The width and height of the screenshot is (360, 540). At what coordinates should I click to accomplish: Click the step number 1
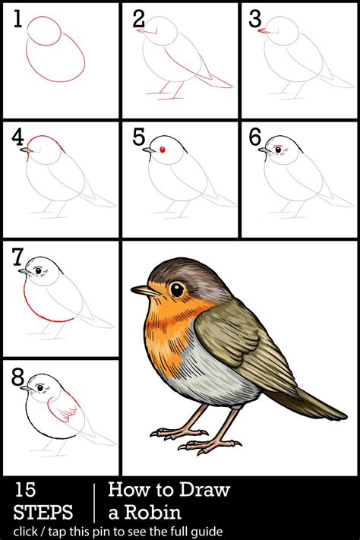tap(18, 19)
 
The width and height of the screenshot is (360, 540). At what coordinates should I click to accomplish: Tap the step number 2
tap(138, 19)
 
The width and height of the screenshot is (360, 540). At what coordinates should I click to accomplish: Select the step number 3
tap(255, 19)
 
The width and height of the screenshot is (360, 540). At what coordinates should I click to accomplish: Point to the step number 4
tap(17, 138)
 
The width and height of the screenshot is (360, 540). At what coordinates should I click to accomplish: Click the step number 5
tap(139, 137)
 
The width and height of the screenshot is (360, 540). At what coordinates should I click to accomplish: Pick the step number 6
tap(255, 137)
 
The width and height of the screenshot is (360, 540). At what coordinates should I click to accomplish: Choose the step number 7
tap(17, 257)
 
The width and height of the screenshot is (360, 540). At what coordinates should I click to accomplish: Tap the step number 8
tap(18, 377)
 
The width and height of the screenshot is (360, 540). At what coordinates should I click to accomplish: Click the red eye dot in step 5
tap(163, 150)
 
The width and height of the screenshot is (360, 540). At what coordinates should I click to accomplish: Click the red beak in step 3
tap(264, 31)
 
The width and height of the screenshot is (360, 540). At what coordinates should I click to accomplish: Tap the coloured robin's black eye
tap(177, 289)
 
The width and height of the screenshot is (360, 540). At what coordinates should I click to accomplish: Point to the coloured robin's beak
tap(146, 291)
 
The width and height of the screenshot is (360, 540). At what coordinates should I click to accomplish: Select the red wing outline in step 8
tap(64, 406)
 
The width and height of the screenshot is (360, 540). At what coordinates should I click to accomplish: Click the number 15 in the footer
tap(25, 490)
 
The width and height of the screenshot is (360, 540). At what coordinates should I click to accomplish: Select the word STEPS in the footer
tap(43, 512)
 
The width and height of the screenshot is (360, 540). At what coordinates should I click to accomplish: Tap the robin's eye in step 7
tap(39, 270)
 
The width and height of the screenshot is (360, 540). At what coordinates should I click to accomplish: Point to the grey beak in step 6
tap(264, 150)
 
